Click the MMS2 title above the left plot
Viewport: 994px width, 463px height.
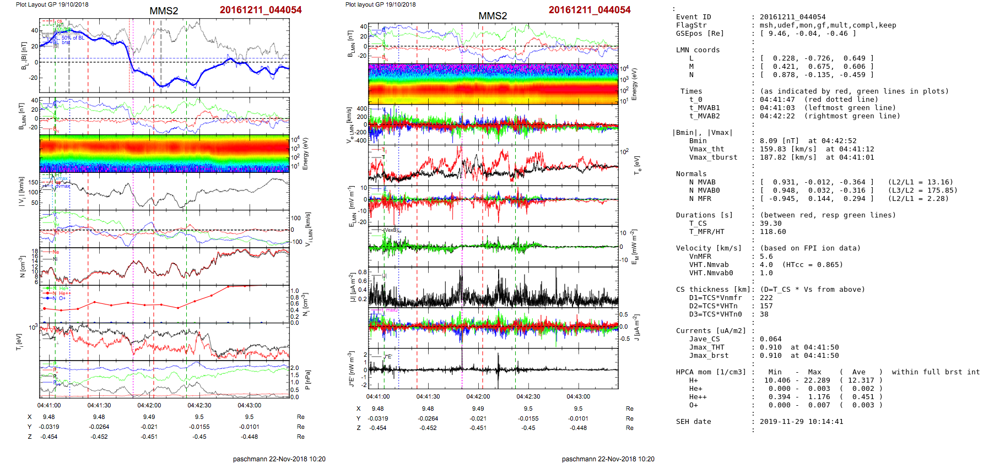tap(164, 11)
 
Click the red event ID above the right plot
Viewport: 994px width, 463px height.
tap(589, 10)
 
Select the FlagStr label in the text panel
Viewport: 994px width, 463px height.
tap(691, 25)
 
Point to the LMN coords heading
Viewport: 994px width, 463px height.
tap(698, 50)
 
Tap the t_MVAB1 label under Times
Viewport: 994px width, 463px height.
tap(704, 108)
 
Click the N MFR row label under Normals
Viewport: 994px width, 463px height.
tap(700, 199)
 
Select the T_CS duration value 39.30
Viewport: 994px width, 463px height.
tap(770, 224)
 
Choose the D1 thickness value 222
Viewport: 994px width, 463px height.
tap(766, 298)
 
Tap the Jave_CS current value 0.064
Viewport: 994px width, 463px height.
tap(770, 339)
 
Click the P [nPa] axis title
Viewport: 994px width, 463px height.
tap(307, 379)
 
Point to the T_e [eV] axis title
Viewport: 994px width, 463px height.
tap(637, 165)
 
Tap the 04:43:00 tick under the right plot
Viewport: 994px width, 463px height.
tap(578, 396)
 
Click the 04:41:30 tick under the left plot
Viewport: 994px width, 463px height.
tap(99, 405)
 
